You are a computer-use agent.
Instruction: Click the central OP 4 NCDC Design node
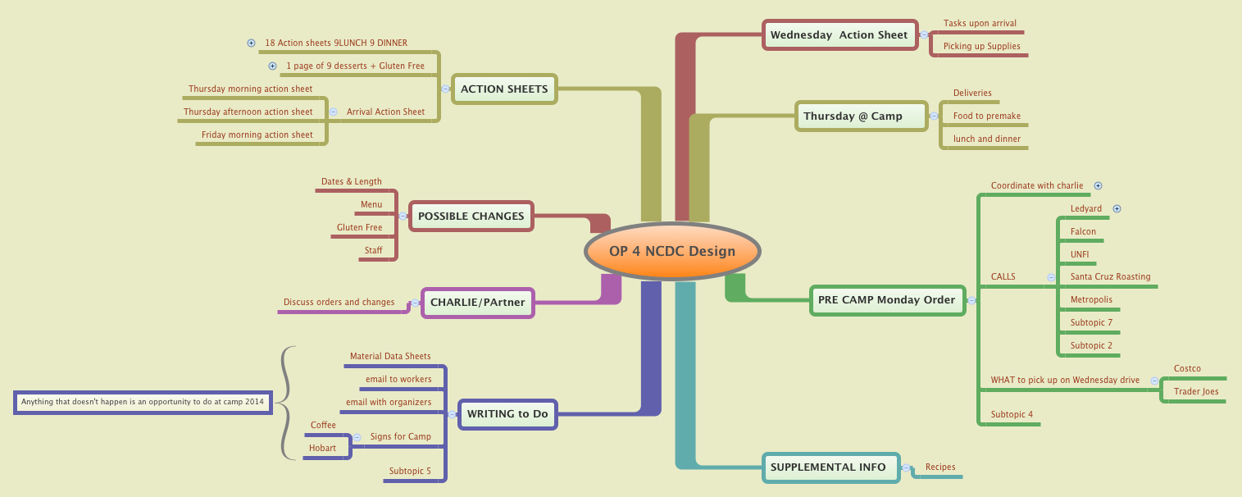672,251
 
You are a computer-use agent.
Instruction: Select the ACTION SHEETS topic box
504,89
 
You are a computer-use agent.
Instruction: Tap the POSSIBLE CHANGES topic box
471,217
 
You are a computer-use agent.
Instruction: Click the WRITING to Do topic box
507,414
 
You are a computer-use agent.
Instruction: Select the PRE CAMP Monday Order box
887,300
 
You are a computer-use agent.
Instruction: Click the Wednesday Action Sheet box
839,35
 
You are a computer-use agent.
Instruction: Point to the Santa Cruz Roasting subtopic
1110,277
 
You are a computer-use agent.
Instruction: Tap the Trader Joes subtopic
1195,392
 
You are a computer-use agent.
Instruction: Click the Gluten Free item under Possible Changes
359,228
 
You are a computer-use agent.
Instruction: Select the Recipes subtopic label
940,467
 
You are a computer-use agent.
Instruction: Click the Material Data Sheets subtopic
390,357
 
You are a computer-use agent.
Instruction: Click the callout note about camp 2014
143,403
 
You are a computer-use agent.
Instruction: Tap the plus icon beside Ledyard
1117,209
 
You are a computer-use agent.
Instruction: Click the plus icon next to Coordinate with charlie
1099,186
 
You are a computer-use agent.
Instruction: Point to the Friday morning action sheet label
257,135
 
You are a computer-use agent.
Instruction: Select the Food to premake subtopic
986,116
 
